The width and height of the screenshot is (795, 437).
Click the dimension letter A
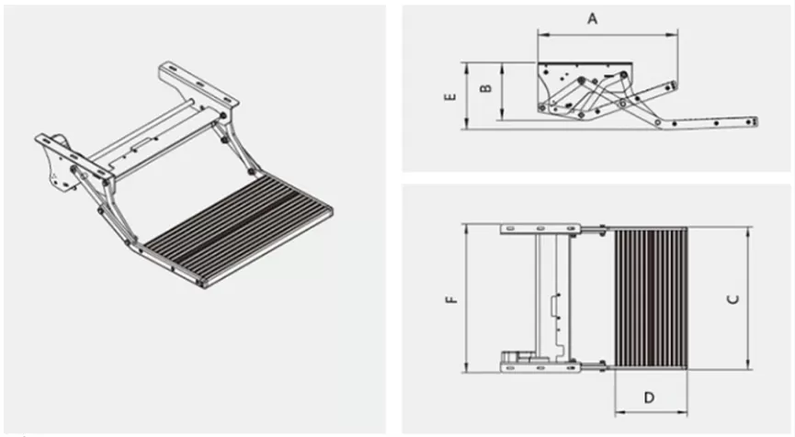[x=592, y=17]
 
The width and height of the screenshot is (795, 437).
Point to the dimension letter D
[x=650, y=398]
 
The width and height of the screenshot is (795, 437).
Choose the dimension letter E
[x=450, y=95]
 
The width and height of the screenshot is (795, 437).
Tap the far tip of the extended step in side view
[x=754, y=121]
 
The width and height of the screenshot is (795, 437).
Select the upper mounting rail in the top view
[x=539, y=228]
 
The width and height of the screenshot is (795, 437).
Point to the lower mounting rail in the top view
[x=539, y=368]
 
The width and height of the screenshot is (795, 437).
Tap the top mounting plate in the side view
[x=585, y=67]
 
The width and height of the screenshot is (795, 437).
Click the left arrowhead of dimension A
[x=540, y=36]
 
